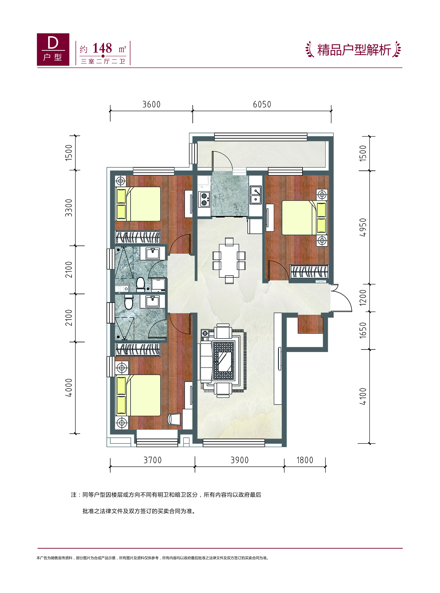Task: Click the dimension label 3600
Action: (152, 104)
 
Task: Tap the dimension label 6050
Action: (262, 104)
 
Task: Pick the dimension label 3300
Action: (69, 208)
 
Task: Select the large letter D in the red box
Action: (53, 43)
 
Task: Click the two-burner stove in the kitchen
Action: (204, 199)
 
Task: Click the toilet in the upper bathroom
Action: (140, 284)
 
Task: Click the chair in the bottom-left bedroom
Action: (174, 419)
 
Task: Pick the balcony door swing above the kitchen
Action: (222, 161)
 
